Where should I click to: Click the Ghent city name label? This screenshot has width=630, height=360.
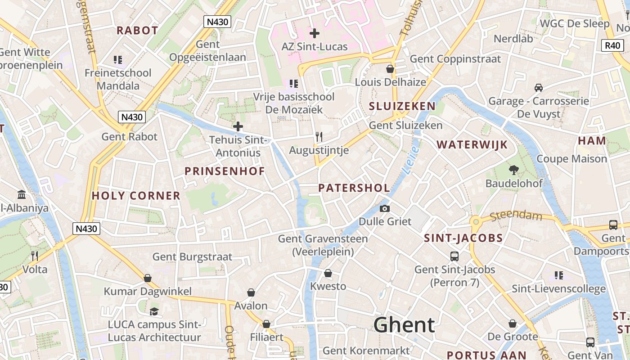(404, 325)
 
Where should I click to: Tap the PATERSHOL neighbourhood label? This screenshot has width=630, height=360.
(354, 188)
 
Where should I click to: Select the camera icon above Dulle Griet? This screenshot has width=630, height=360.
(385, 208)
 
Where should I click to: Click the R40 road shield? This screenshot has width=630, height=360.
(612, 45)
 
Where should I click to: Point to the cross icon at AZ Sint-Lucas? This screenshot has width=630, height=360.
(315, 33)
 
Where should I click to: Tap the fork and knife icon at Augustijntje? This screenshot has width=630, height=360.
(319, 137)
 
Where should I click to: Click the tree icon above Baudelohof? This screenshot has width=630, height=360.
(513, 170)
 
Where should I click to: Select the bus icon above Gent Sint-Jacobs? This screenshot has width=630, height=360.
(454, 256)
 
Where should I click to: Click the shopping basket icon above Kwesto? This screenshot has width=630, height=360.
(328, 273)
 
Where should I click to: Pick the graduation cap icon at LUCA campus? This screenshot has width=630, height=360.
(154, 311)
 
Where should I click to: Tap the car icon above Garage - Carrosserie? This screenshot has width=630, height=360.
(538, 88)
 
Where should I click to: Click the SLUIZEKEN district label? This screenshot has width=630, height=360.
(402, 106)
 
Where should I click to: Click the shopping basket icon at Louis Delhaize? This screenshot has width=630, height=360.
(390, 69)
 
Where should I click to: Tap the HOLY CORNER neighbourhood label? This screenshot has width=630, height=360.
(136, 196)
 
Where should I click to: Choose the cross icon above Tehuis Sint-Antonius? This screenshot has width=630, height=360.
(238, 126)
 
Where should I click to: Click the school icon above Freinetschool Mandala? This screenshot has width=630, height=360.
(118, 59)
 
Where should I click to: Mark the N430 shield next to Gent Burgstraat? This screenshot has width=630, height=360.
(86, 229)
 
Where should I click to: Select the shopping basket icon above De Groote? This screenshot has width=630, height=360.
(513, 324)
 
